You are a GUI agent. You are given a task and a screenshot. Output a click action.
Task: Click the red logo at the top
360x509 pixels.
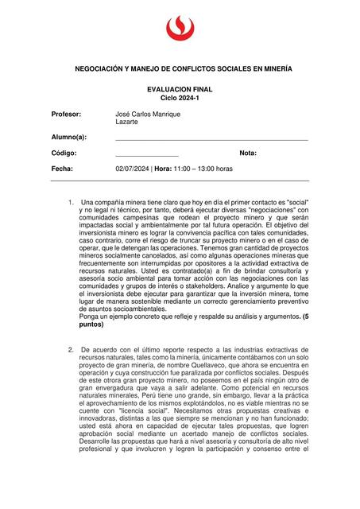point(180,29)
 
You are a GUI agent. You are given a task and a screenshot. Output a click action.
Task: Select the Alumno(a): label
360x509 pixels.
point(69,138)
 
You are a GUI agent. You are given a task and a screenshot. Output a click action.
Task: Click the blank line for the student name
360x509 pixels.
point(211,140)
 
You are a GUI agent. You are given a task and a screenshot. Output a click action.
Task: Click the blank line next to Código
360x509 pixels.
point(147,155)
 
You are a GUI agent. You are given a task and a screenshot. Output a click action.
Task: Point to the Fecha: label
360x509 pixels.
point(63,169)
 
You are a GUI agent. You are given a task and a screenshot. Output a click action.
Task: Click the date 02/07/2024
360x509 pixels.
point(133,169)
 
